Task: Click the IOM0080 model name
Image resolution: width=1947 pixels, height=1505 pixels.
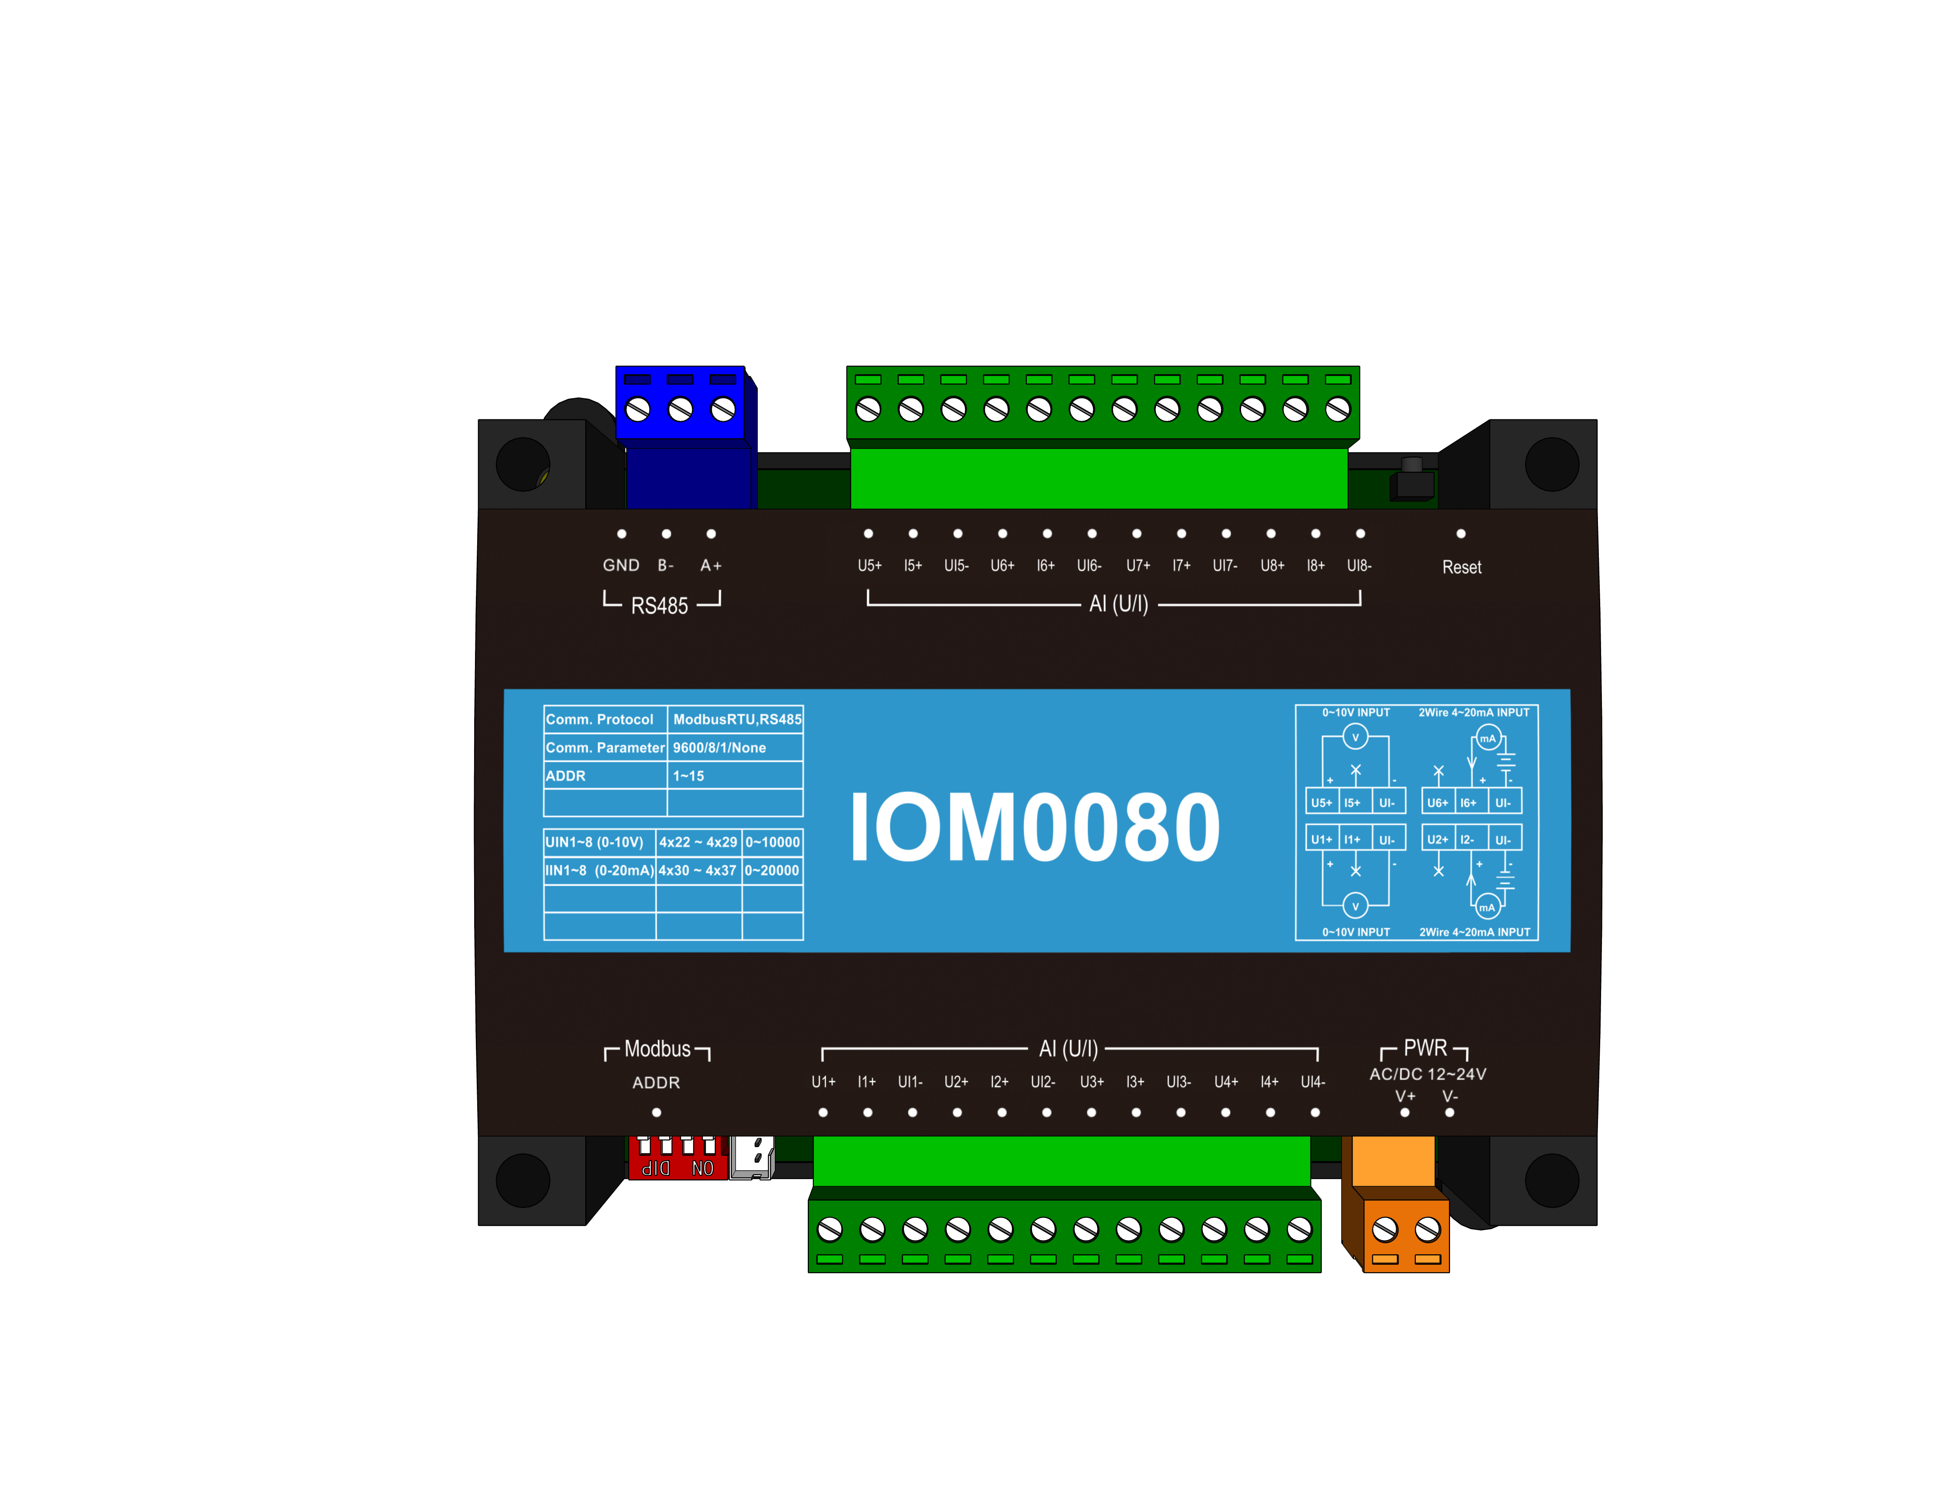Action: click(1034, 827)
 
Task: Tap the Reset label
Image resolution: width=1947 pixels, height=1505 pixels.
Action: click(1461, 567)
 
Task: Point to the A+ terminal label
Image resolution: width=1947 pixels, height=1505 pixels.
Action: click(710, 565)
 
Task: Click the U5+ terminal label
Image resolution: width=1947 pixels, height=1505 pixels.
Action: click(869, 565)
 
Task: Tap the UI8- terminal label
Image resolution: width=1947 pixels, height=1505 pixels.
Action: click(1359, 565)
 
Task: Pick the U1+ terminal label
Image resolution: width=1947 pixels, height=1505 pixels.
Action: click(823, 1082)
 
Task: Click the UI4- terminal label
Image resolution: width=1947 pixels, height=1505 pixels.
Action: click(1312, 1082)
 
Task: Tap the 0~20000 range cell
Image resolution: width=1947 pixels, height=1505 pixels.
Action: click(772, 870)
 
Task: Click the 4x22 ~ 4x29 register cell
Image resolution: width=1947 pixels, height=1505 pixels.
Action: click(698, 842)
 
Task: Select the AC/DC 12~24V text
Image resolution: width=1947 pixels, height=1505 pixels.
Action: click(1427, 1074)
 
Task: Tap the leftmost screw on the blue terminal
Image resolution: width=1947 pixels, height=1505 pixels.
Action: click(637, 409)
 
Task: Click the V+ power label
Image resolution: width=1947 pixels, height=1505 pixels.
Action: click(1405, 1096)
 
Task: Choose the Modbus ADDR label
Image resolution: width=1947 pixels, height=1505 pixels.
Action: click(656, 1083)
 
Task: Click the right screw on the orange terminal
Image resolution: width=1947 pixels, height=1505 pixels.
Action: click(1427, 1230)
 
